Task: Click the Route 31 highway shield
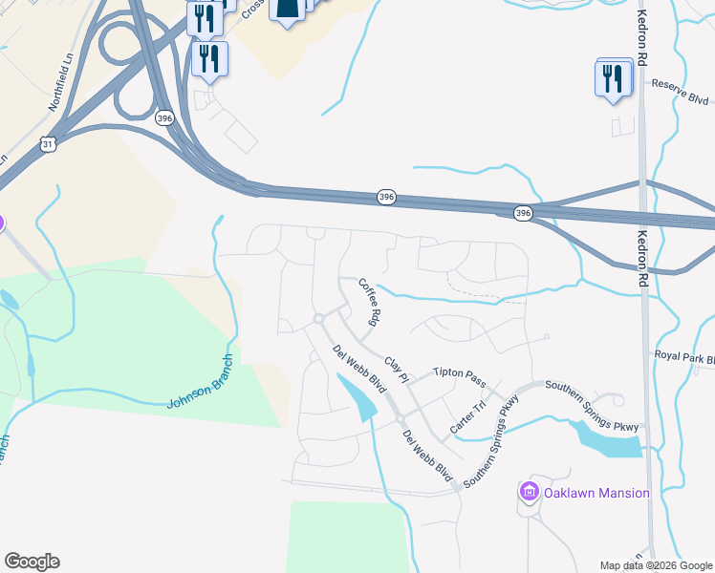pos(49,144)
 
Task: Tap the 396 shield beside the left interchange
pos(164,117)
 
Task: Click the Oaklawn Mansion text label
pos(596,493)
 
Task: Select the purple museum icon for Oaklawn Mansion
pos(529,493)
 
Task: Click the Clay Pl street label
pos(397,370)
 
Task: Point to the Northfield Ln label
pos(62,71)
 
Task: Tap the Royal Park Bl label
pos(684,358)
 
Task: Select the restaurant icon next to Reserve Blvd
pos(613,78)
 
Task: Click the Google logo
pos(32,562)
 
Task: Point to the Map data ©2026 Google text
pos(656,565)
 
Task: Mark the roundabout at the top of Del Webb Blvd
pos(318,318)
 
